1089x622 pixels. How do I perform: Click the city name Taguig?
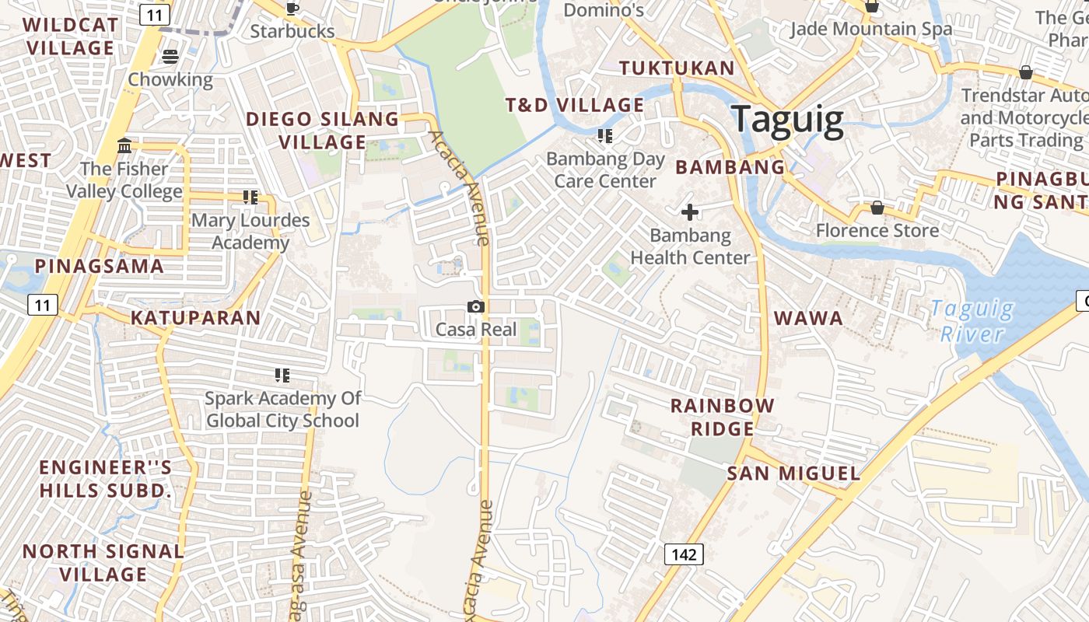pos(788,120)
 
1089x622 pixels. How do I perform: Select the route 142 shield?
pos(684,554)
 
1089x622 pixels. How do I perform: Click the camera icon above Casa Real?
pos(476,307)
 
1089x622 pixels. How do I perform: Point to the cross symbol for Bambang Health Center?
pos(690,211)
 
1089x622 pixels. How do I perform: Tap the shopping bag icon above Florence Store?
pos(877,208)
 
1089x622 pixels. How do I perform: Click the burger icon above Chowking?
pos(170,56)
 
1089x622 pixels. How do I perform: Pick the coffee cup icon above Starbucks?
pos(292,9)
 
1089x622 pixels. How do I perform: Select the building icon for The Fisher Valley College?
pos(124,145)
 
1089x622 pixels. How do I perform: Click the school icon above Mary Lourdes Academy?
pos(250,197)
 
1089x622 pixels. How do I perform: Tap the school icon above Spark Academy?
pos(282,376)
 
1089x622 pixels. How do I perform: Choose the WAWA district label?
pos(808,317)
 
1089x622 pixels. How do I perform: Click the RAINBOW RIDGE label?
pos(723,417)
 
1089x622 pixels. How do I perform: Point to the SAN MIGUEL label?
pos(793,473)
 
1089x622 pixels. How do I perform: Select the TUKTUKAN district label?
pos(677,68)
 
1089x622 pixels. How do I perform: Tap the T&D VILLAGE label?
pos(575,105)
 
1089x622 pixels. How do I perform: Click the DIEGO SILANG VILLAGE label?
pos(323,131)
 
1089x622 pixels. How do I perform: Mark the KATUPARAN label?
pos(195,317)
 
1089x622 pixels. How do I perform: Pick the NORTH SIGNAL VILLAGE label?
pos(103,563)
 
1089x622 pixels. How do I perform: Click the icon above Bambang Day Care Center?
pos(605,136)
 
